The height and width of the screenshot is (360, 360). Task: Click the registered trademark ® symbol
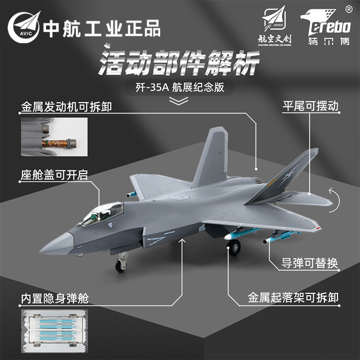(x=348, y=9)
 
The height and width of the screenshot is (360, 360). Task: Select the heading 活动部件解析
(x=180, y=62)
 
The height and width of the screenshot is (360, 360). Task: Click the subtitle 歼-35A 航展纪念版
(x=180, y=87)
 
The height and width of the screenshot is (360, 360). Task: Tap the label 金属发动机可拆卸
(x=66, y=107)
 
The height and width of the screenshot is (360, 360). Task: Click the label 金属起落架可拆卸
(x=293, y=297)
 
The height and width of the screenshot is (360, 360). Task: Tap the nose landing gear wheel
(x=120, y=265)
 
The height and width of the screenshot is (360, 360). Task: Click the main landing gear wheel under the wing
(x=234, y=247)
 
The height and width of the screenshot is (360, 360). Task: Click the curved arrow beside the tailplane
(x=332, y=198)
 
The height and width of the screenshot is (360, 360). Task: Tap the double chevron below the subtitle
(x=180, y=101)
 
